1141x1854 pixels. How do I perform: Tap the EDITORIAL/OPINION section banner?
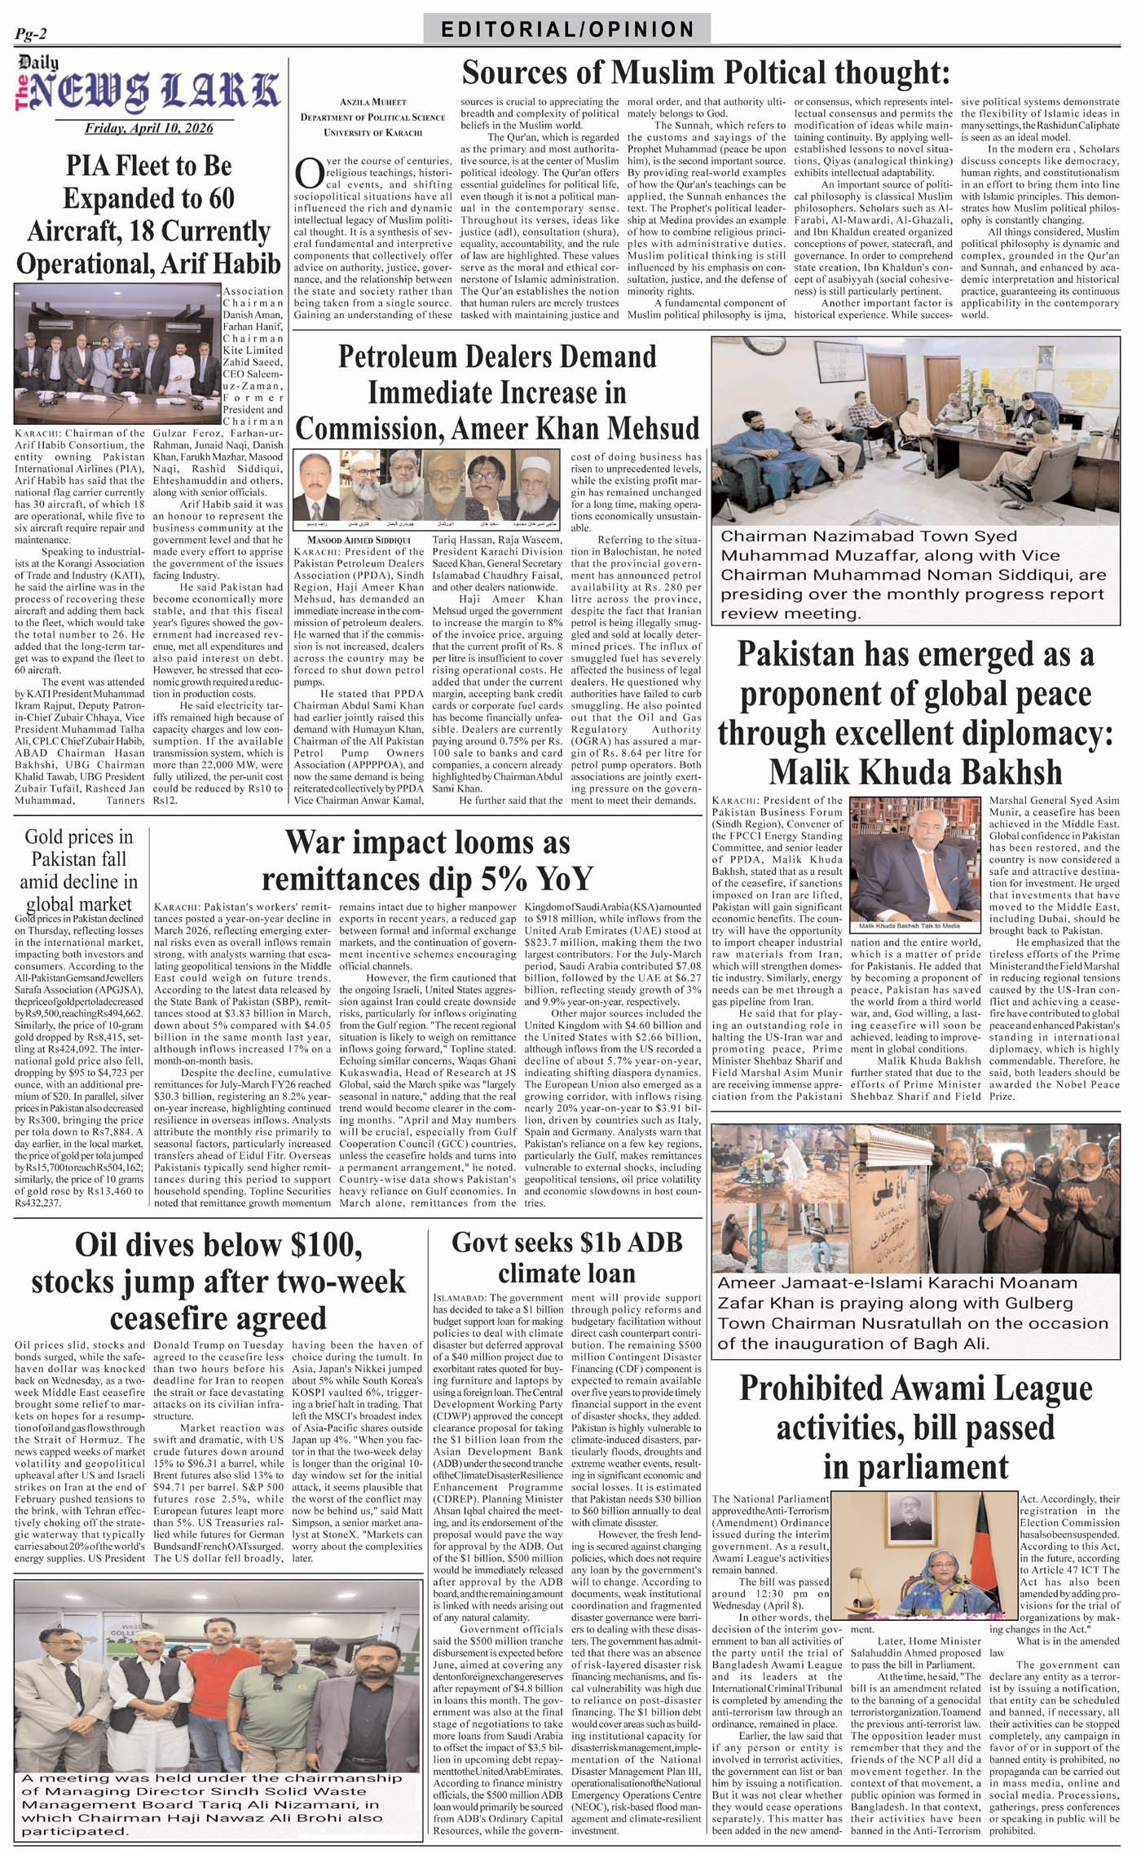(x=567, y=30)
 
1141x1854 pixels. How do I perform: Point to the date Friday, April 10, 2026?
(x=148, y=128)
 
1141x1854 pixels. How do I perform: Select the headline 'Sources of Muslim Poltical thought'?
(x=706, y=73)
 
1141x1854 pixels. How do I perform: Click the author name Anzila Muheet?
(x=372, y=102)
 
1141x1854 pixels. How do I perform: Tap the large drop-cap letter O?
(x=308, y=174)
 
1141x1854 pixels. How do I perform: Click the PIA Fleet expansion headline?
(x=148, y=214)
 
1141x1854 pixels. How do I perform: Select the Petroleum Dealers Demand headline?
(x=497, y=392)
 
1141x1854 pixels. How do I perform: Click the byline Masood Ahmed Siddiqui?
(x=359, y=540)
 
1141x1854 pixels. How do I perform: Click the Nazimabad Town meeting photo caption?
(x=913, y=574)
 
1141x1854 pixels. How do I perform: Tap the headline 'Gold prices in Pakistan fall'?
(x=79, y=869)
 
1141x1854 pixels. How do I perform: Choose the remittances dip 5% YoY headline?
(x=427, y=859)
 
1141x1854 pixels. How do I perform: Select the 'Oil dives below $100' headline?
(x=218, y=1281)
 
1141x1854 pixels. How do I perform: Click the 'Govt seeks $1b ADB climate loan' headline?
(x=566, y=1257)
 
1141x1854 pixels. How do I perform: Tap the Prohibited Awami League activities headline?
(x=915, y=1427)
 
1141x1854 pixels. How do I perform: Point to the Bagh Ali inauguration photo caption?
(x=913, y=1313)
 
